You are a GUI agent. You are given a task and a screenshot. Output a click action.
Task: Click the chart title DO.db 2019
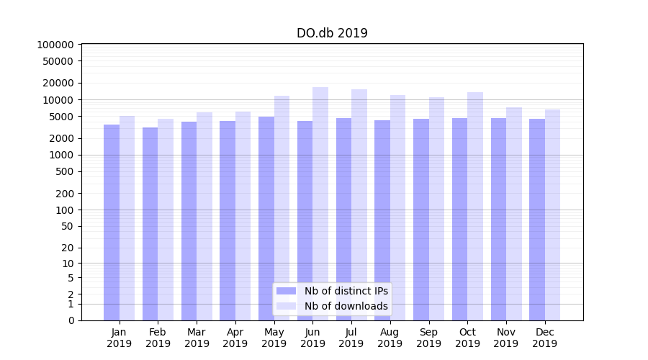pos(332,33)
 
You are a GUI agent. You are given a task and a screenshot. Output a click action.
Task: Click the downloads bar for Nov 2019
pos(514,213)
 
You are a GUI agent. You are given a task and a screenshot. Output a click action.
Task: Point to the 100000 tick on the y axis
pos(55,45)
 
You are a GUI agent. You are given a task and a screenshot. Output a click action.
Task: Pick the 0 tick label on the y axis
pos(71,320)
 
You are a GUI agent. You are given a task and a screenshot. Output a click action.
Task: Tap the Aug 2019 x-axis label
pos(390,338)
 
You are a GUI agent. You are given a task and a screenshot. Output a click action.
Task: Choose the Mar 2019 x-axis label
pos(197,338)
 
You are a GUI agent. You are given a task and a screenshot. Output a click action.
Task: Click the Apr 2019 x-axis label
pos(235,338)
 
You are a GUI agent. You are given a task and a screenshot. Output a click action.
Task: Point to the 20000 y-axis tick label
pos(58,83)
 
